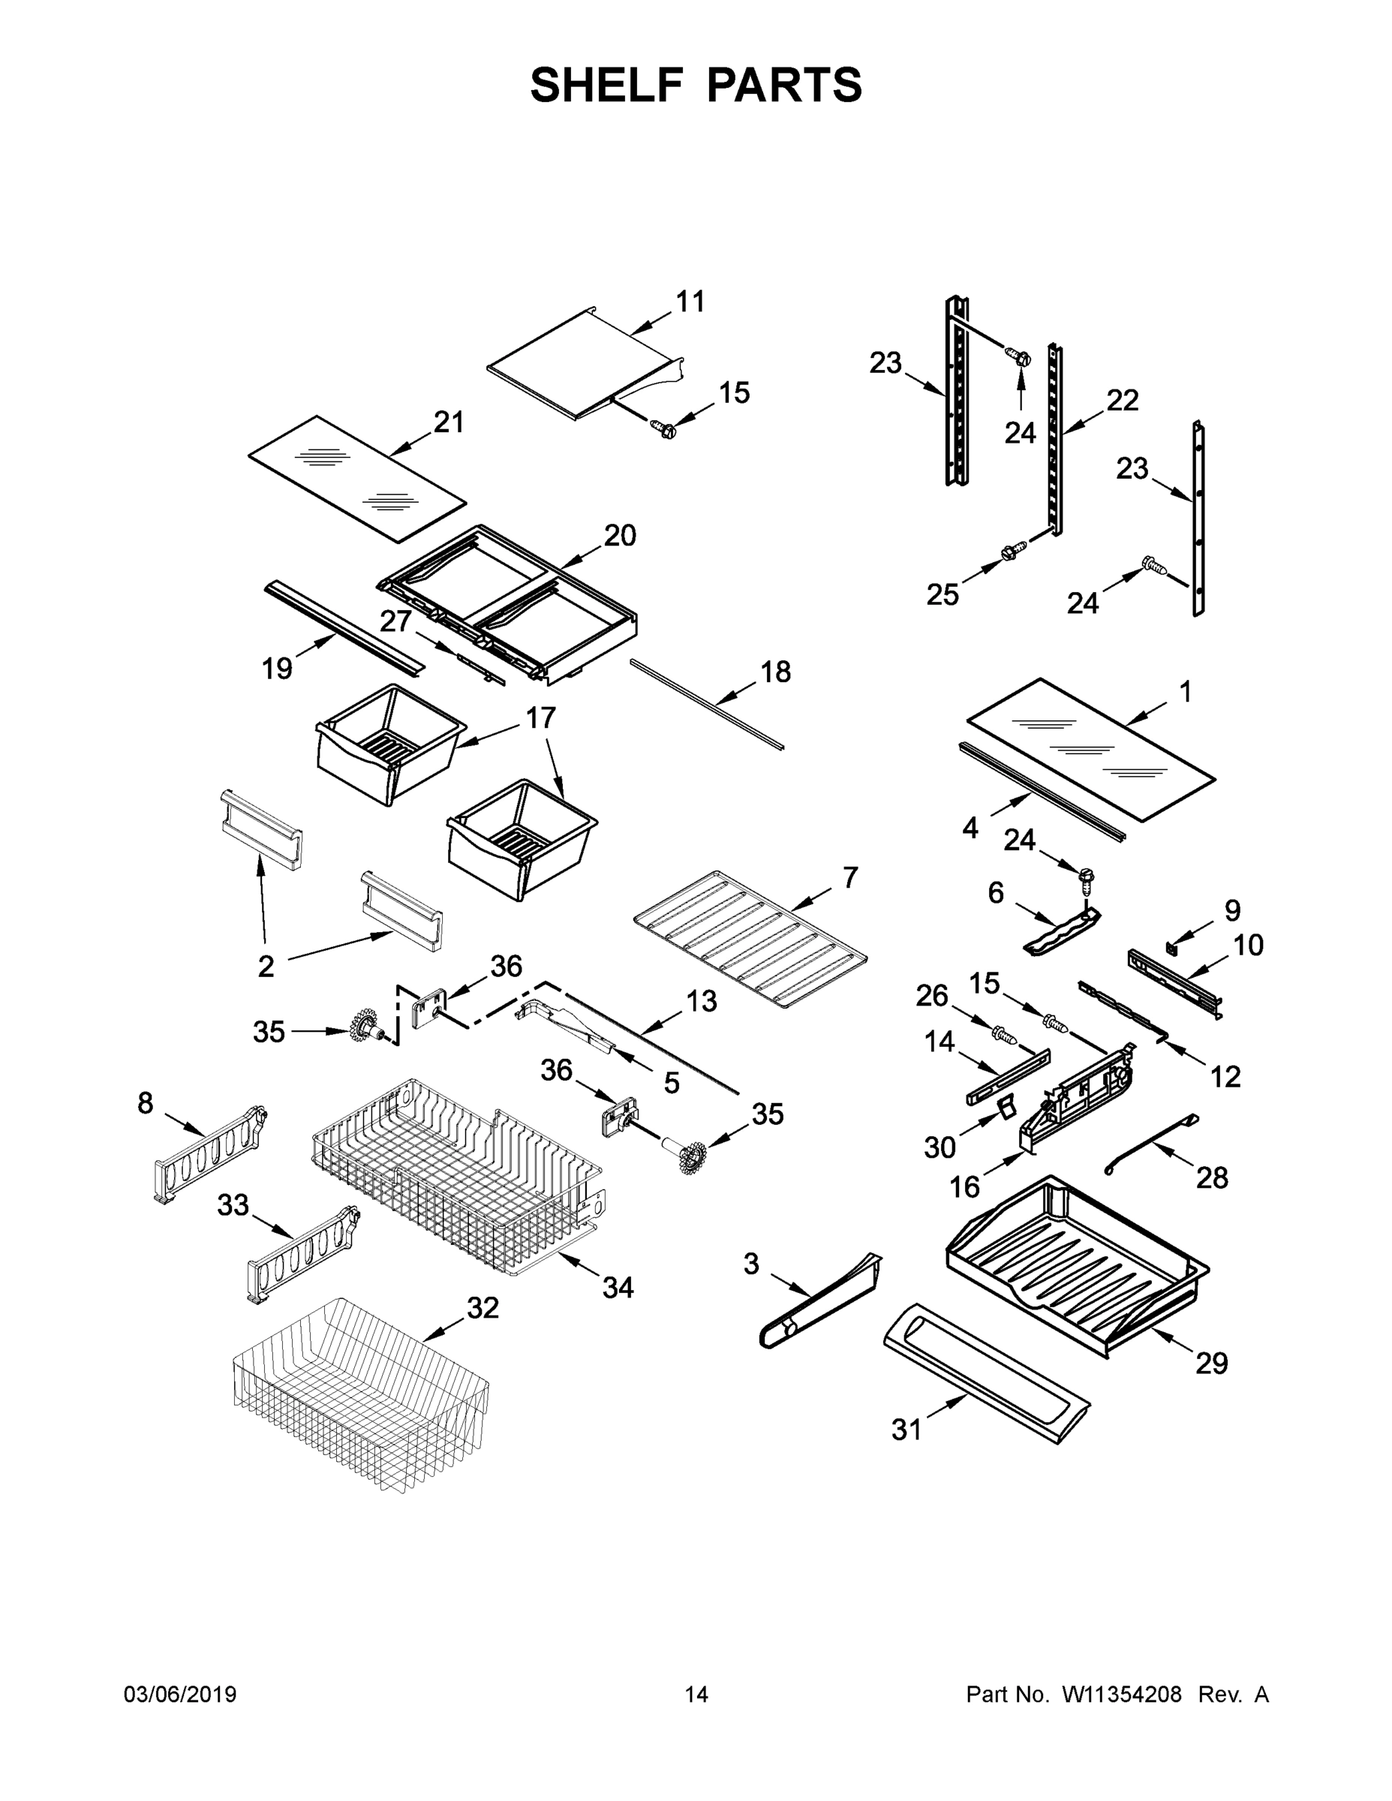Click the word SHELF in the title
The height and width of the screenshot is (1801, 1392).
[607, 85]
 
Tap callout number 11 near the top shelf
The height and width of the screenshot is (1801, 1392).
[690, 302]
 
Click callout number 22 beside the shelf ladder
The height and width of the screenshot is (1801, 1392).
[1123, 400]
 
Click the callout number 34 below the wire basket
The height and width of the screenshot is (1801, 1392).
[618, 1287]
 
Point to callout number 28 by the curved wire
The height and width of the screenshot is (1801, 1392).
[1211, 1177]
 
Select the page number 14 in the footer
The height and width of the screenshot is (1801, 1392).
[696, 1694]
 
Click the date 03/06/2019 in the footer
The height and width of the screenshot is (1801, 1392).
[180, 1694]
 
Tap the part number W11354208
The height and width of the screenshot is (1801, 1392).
[1122, 1694]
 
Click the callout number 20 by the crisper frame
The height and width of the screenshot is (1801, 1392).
[620, 535]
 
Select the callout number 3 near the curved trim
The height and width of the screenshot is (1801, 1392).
[750, 1264]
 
